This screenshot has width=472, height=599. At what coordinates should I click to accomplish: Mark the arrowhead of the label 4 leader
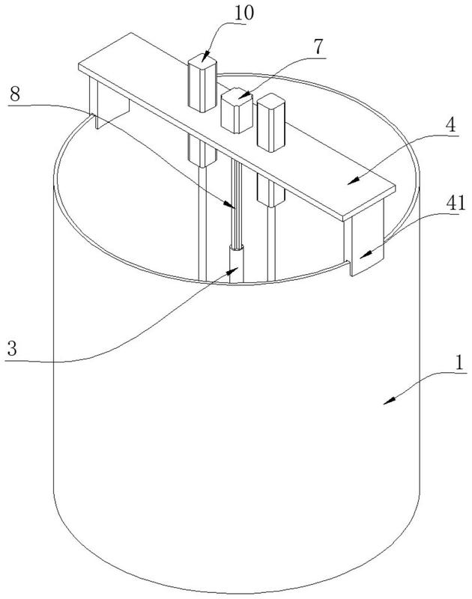click(350, 180)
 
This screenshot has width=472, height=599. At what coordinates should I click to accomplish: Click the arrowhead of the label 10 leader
click(203, 59)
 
